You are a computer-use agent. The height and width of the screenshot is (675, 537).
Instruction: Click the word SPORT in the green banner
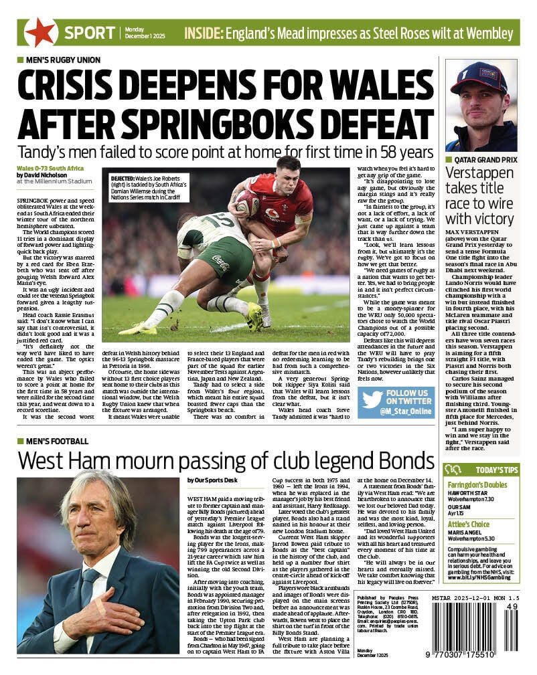[90, 32]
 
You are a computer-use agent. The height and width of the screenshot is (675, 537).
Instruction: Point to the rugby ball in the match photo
[246, 202]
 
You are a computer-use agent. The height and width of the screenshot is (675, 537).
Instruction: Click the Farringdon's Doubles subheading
[478, 484]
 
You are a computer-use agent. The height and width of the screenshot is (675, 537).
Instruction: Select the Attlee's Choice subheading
[469, 524]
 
